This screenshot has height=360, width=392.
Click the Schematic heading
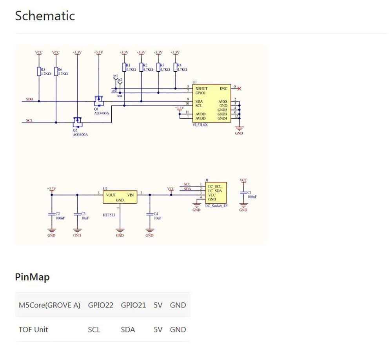45,16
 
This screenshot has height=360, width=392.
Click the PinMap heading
32,277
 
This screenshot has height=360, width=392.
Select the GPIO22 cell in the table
100,305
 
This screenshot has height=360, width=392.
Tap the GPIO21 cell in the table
133,305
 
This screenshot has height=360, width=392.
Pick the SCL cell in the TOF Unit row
94,329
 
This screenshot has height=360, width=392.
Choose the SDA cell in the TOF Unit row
128,329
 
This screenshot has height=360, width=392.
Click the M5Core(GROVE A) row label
49,305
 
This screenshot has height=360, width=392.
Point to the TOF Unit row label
33,329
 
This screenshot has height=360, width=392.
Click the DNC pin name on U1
223,89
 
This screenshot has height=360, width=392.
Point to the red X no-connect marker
239,89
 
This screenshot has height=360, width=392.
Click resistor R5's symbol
38,71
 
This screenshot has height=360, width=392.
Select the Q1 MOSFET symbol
98,100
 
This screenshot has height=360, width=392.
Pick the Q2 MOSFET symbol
77,120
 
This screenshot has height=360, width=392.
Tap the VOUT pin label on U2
111,194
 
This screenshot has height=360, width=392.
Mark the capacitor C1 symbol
243,193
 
